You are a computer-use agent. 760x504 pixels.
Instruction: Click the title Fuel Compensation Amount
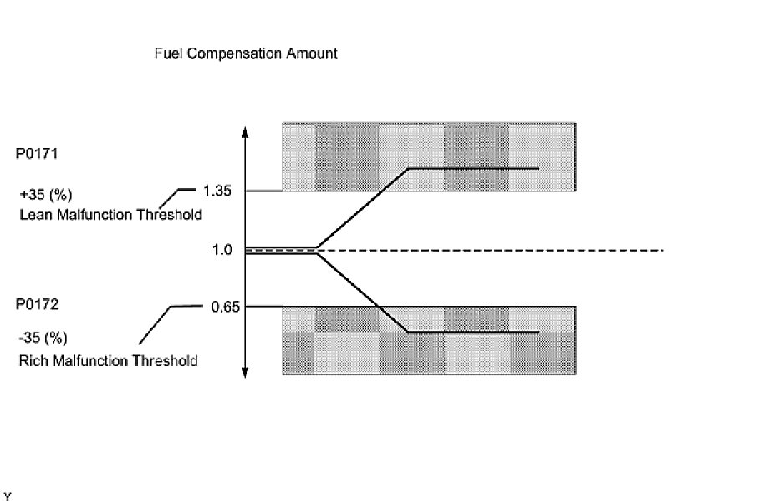coord(246,53)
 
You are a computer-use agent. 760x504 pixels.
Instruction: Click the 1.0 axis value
coord(222,250)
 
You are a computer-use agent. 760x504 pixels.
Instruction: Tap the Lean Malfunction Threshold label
coord(110,215)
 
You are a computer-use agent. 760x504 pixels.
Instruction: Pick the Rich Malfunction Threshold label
coord(108,361)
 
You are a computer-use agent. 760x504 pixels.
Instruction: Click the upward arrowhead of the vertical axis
coord(245,131)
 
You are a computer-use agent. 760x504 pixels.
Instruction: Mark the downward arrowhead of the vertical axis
coord(245,374)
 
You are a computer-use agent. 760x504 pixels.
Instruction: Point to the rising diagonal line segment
coord(363,208)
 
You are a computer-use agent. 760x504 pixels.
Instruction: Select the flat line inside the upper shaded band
coord(472,169)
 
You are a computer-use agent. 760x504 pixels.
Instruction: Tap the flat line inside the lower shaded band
coord(472,333)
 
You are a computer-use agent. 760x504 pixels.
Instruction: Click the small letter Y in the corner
coord(8,496)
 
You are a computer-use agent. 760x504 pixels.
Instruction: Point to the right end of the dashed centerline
coord(661,250)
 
